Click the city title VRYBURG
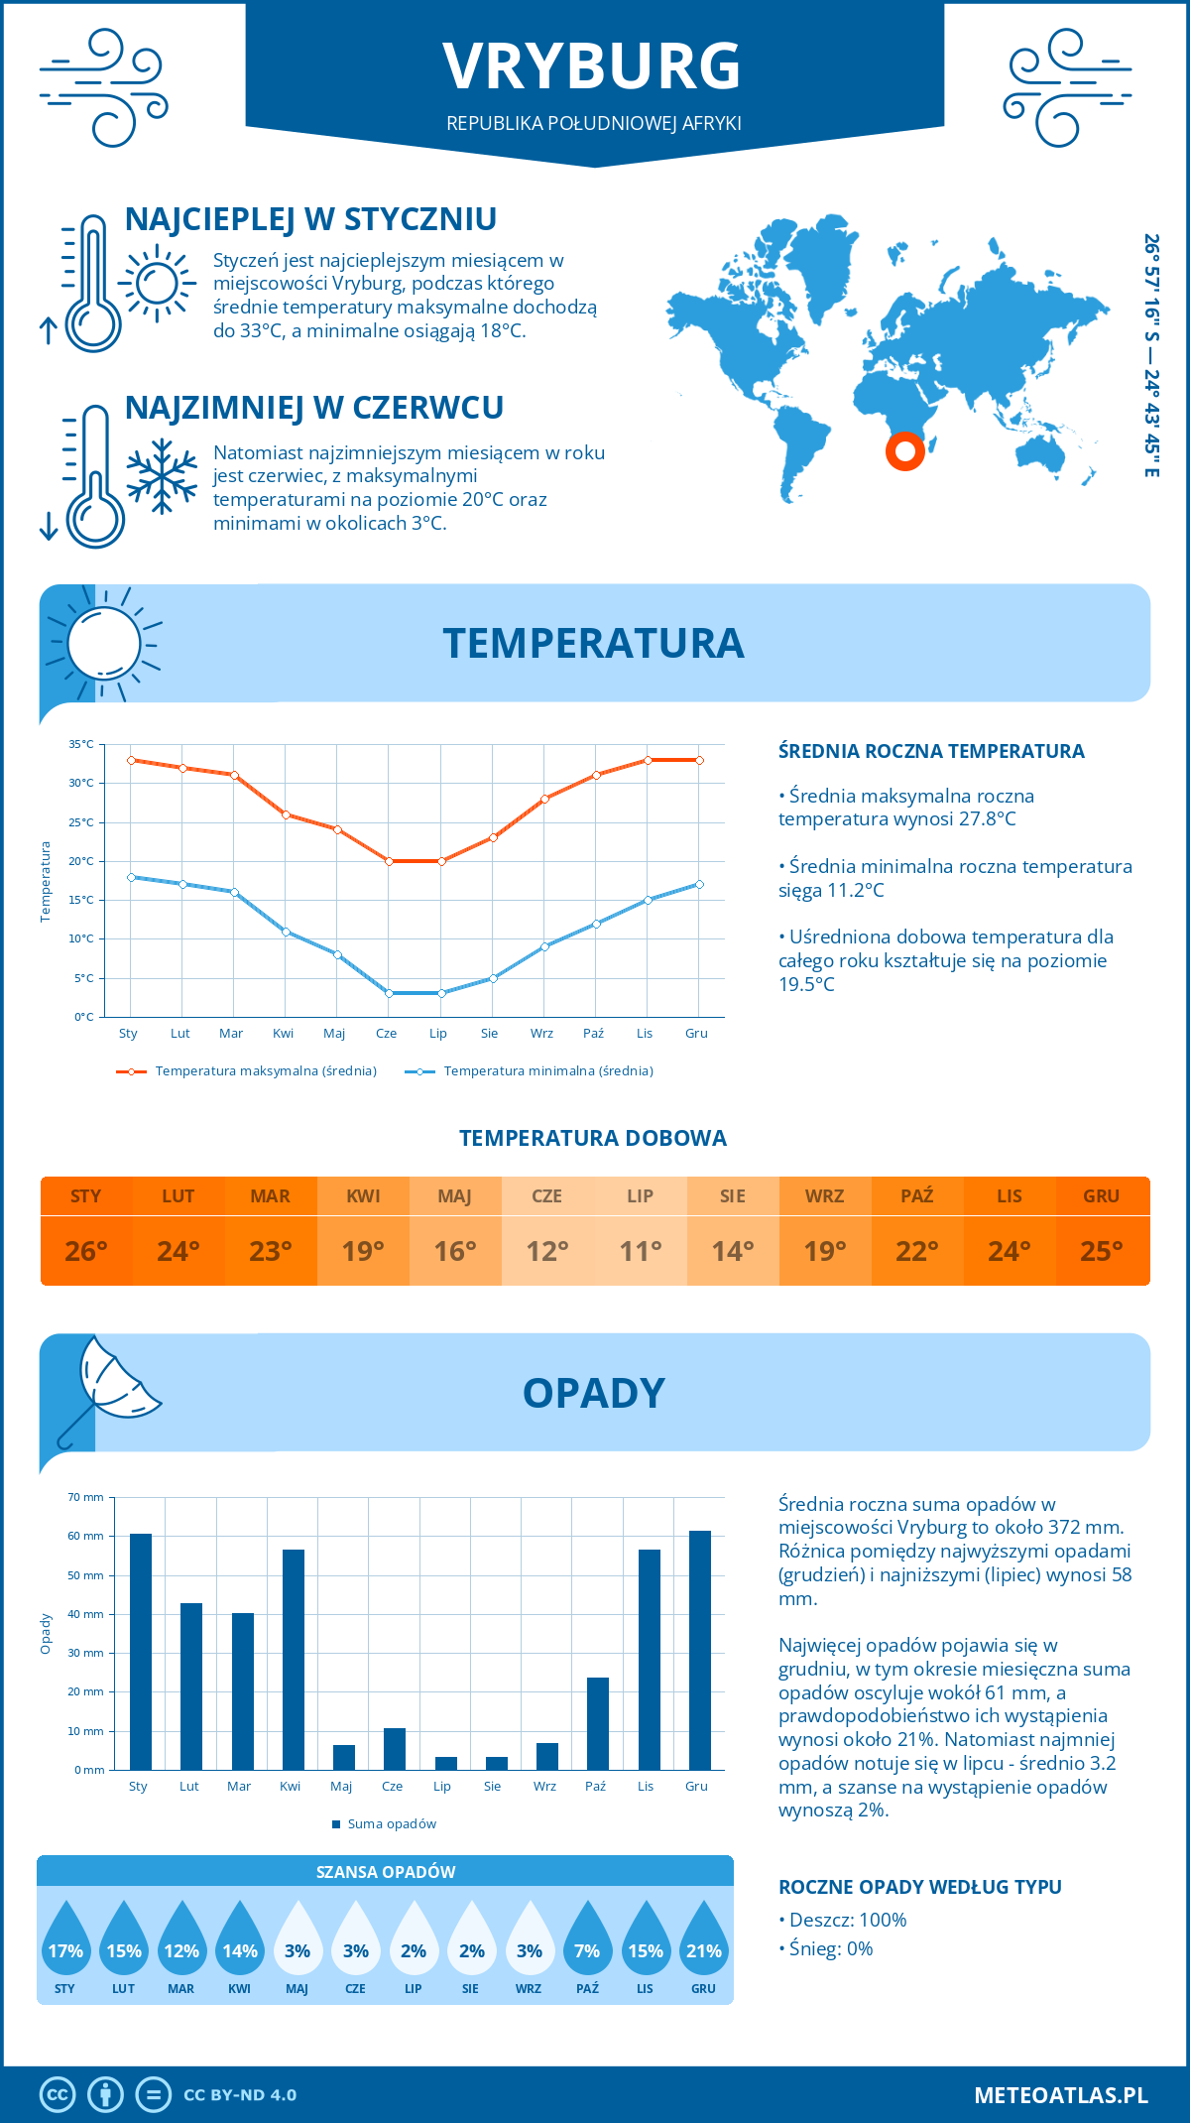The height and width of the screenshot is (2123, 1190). pos(592,66)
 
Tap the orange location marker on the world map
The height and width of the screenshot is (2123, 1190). pos(904,451)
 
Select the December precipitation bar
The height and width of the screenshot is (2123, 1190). pos(699,1651)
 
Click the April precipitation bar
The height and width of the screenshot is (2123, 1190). pos(293,1660)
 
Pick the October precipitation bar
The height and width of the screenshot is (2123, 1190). pos(597,1724)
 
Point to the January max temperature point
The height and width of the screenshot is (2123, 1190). pos(131,760)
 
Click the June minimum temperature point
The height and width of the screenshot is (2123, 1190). pos(389,993)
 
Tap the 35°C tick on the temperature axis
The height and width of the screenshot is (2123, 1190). pos(81,744)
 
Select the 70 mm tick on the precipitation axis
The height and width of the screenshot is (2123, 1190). pos(85,1497)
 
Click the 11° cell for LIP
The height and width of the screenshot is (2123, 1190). pos(640,1251)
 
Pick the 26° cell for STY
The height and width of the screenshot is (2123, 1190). pos(86,1251)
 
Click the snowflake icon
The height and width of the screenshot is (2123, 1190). pos(162,476)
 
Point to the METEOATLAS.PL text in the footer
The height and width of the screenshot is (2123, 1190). pos(1060,2095)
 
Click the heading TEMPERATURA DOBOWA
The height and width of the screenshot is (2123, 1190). pos(592,1139)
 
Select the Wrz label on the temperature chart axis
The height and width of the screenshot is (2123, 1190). pos(541,1034)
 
